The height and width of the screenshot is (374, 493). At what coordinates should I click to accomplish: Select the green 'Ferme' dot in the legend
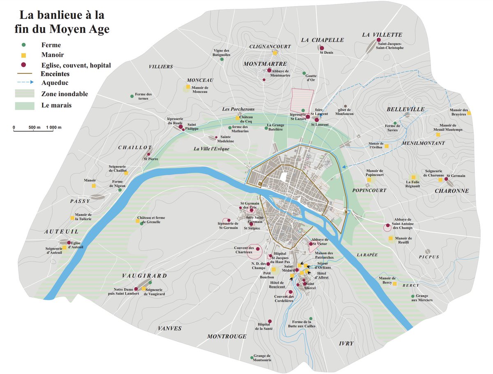(x=24, y=45)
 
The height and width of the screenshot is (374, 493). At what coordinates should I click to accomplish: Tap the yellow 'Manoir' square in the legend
(x=24, y=55)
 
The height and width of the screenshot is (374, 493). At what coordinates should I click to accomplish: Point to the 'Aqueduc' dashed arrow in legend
(x=24, y=84)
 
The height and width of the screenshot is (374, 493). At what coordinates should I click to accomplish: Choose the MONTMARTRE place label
(x=265, y=64)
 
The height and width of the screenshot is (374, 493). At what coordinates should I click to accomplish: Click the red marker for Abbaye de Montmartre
(x=270, y=71)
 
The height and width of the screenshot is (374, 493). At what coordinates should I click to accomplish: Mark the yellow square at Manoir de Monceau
(x=188, y=87)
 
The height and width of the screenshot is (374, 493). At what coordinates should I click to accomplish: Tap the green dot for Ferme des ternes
(x=132, y=96)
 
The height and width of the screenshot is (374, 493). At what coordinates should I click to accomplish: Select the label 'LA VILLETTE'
(x=382, y=35)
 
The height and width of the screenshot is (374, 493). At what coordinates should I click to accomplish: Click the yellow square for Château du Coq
(x=237, y=118)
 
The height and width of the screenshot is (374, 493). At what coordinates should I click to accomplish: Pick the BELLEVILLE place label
(x=405, y=109)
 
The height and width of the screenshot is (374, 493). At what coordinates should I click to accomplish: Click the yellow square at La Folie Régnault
(x=413, y=177)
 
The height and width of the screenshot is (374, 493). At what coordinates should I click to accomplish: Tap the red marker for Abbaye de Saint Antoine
(x=387, y=226)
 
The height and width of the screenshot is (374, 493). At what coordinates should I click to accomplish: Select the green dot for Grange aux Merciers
(x=413, y=296)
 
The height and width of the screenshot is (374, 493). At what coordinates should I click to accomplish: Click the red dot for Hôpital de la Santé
(x=270, y=321)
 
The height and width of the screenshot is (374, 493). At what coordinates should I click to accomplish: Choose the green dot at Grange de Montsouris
(x=252, y=358)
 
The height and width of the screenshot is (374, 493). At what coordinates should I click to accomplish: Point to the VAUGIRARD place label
(x=145, y=276)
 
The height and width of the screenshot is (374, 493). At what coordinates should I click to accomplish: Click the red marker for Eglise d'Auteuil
(x=69, y=242)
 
